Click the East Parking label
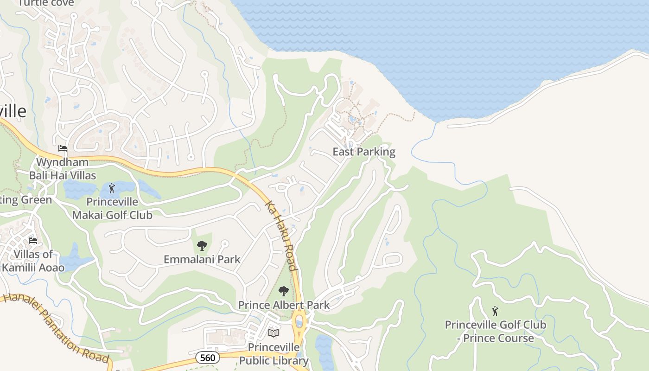point(364,152)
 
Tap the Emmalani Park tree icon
point(202,246)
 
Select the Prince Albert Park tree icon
point(283,291)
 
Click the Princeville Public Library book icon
point(274,333)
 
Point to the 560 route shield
point(207,358)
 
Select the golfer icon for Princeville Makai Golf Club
point(111,188)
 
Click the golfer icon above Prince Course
point(495,311)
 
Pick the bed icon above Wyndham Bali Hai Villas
point(63,148)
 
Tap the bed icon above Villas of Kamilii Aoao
point(33,240)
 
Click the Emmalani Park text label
point(202,259)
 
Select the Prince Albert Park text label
point(284,305)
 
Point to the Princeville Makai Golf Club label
point(112,209)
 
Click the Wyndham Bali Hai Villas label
point(63,169)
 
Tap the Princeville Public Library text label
point(274,354)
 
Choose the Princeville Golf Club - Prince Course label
point(495,331)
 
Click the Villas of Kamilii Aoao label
point(33,261)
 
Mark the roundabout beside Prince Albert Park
point(299,320)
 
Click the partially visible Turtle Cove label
point(46,3)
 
